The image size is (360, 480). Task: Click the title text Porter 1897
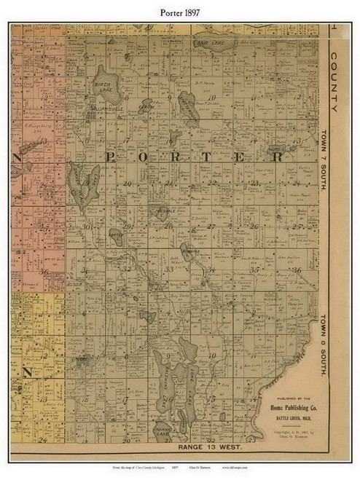(180, 10)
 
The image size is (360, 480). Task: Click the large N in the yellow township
(27, 371)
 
